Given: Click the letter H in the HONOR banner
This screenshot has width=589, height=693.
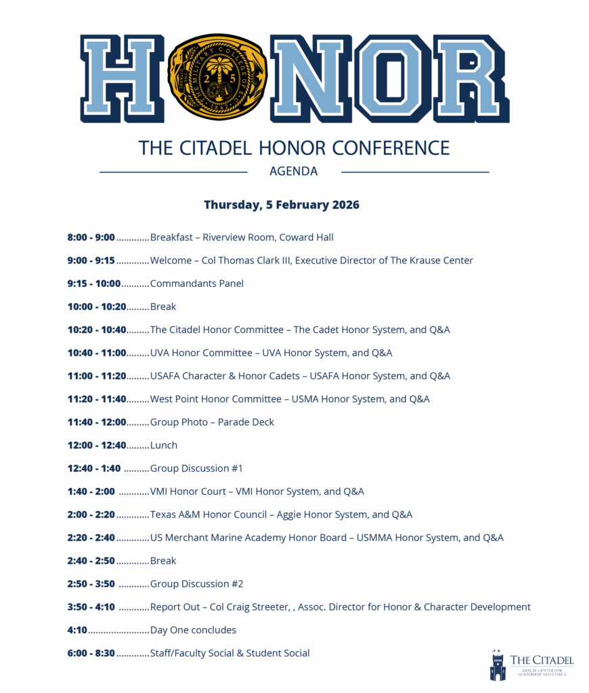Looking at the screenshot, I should point(123,78).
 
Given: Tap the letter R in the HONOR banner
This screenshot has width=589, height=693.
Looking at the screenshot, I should point(471,78).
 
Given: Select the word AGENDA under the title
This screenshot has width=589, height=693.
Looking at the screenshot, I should point(293,172).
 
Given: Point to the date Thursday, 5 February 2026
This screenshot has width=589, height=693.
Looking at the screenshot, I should point(282,204).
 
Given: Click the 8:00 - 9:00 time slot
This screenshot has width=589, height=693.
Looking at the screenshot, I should point(91,238).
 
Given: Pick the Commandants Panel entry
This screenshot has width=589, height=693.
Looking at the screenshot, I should point(196,284).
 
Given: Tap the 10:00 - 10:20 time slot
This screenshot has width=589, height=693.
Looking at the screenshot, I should point(97,307).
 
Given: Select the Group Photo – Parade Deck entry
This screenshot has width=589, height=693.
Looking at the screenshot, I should point(212,422).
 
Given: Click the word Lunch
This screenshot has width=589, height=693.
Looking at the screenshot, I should point(164,445).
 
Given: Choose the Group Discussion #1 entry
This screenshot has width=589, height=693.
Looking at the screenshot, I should point(196,468).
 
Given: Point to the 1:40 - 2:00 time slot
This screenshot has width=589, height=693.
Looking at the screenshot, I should point(91,491).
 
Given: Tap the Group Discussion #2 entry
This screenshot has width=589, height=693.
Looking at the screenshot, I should point(196,584).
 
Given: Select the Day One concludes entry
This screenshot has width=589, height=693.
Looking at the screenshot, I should point(193,630).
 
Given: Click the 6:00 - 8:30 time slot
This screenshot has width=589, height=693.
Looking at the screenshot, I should point(91,653).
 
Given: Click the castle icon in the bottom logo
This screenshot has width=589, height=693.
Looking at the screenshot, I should point(498,666).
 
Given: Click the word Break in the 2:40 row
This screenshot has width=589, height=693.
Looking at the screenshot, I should point(163,561).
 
